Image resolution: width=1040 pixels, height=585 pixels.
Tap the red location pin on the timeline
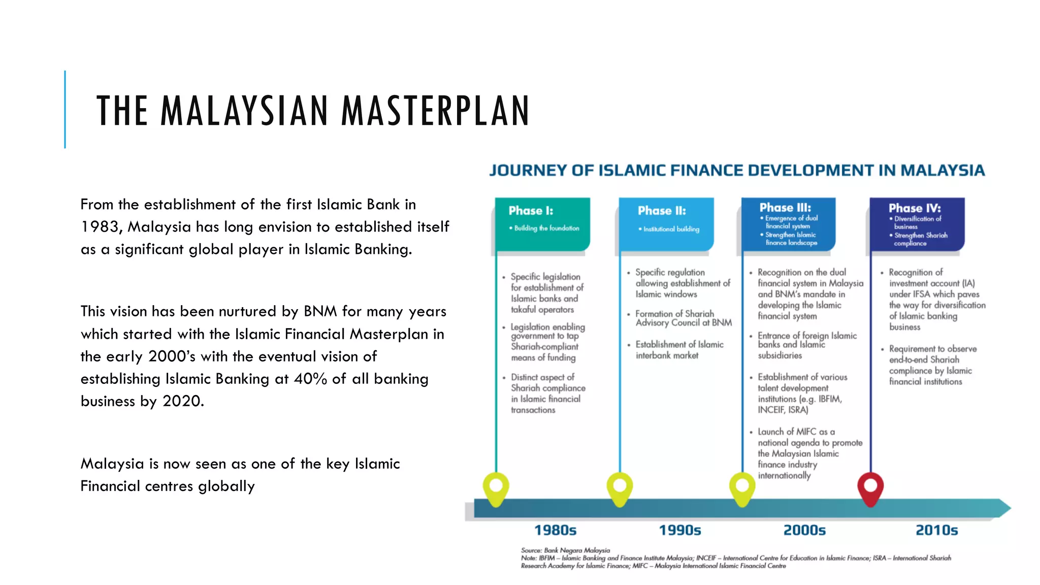pos(870,488)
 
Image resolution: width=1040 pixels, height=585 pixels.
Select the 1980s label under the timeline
pos(555,531)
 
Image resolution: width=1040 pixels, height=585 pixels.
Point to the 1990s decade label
pos(680,531)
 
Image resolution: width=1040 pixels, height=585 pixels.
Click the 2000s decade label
pos(804,531)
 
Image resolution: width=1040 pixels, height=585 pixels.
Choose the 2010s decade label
pos(936,531)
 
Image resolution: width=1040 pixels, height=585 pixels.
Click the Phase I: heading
pos(531,211)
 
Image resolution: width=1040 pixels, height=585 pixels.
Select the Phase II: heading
pos(662,211)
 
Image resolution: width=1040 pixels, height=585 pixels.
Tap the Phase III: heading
pos(785,208)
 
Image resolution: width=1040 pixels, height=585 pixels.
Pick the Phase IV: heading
pos(915,208)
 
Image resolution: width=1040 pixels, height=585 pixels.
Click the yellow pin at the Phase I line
pos(496,489)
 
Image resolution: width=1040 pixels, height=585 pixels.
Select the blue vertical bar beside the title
pos(65,109)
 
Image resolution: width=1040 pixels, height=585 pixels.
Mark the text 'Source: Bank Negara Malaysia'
pos(565,550)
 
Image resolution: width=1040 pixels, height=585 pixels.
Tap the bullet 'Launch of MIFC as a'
pos(796,432)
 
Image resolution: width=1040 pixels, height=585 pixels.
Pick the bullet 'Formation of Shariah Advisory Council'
pos(683,318)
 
